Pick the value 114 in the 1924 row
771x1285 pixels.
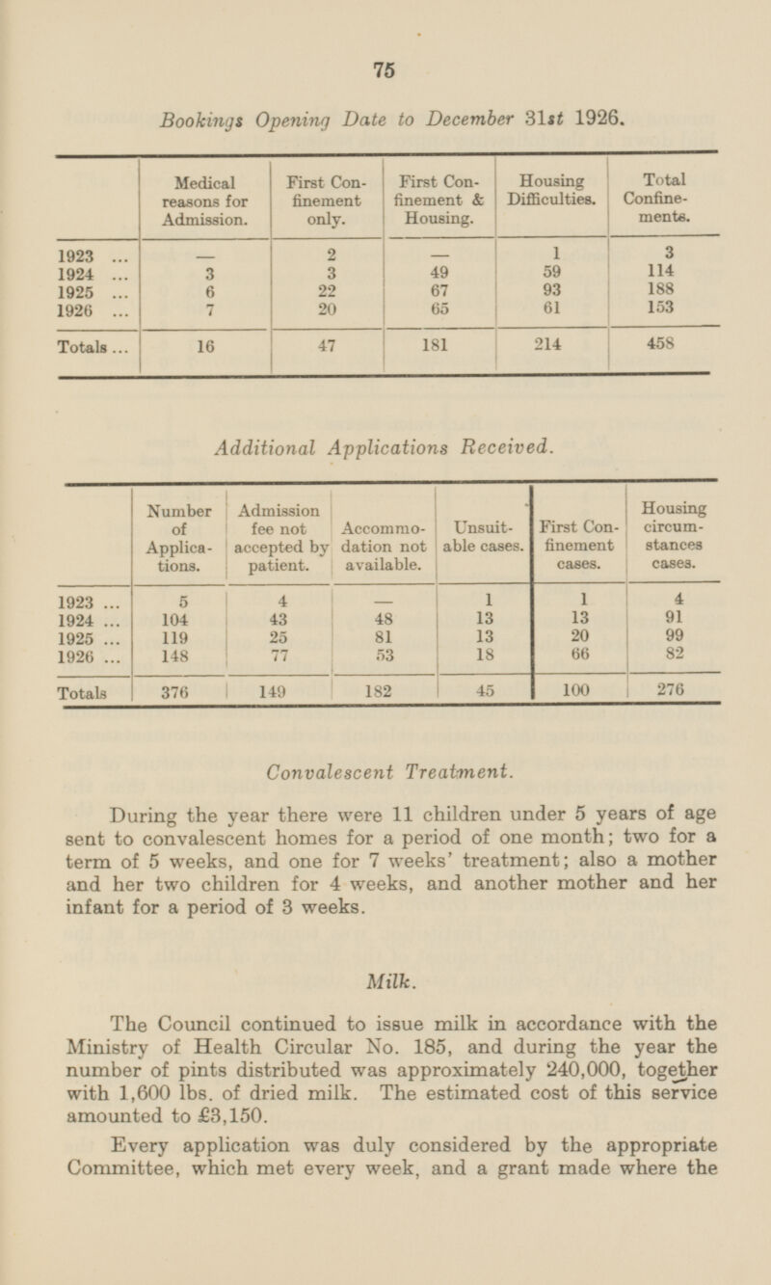point(659,273)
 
